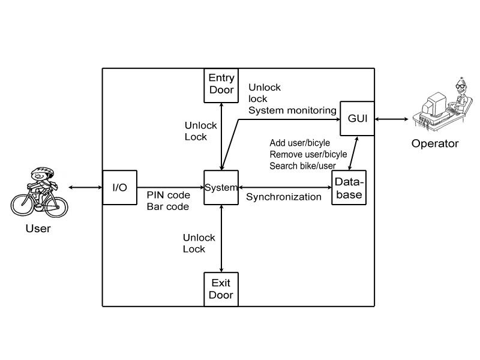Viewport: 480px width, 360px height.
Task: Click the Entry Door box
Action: pyautogui.click(x=221, y=83)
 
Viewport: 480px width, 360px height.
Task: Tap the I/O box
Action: pyautogui.click(x=119, y=188)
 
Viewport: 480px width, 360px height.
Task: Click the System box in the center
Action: pyautogui.click(x=221, y=188)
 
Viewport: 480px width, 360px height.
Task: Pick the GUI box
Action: pyautogui.click(x=356, y=117)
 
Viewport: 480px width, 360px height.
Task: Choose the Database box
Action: pyautogui.click(x=348, y=188)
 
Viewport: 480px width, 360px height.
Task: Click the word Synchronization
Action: pyautogui.click(x=284, y=197)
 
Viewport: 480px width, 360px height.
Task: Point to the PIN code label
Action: pyautogui.click(x=168, y=196)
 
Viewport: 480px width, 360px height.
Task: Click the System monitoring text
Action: pyautogui.click(x=292, y=110)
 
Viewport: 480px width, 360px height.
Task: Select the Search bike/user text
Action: pyautogui.click(x=302, y=166)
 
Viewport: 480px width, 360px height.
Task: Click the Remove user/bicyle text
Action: pyautogui.click(x=308, y=154)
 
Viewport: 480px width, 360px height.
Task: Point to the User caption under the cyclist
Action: pyautogui.click(x=38, y=229)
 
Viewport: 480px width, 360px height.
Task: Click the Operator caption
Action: pyautogui.click(x=434, y=143)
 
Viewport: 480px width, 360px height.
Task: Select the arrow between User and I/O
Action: pyautogui.click(x=85, y=188)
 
